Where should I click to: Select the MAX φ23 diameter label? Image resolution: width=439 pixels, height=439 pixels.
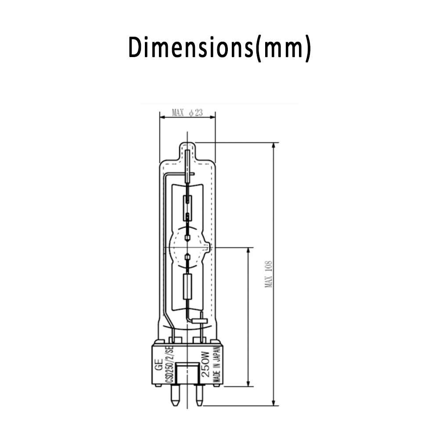[x=187, y=113]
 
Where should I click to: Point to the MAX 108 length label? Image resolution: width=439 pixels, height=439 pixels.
[x=269, y=274]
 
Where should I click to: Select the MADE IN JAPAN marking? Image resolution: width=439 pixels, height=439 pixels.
[x=217, y=365]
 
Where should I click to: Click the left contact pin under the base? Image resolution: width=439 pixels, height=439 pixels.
[x=175, y=396]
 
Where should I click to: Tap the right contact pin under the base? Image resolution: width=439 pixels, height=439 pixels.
[x=198, y=396]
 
